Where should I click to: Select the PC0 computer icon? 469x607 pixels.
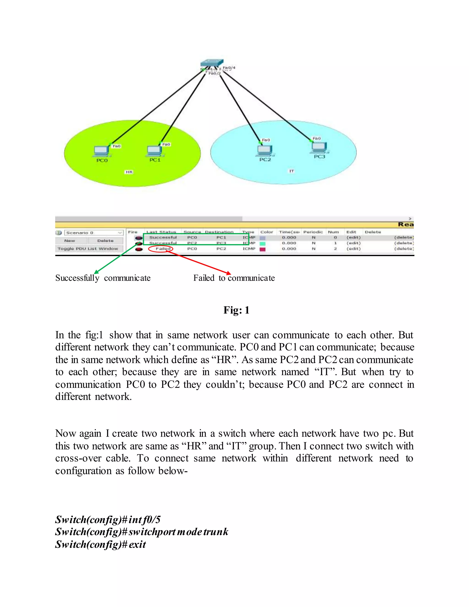click(x=101, y=151)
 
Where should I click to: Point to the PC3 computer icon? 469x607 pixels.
click(x=319, y=147)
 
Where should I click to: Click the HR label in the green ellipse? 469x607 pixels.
click(x=129, y=172)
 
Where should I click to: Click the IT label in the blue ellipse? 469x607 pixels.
click(x=292, y=171)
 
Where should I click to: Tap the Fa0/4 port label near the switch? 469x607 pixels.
click(x=229, y=68)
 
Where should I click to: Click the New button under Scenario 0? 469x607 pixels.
click(x=70, y=241)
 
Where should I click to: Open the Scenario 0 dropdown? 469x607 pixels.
click(x=94, y=233)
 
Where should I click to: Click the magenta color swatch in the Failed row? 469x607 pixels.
click(x=262, y=249)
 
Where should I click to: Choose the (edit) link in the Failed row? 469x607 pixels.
click(x=353, y=249)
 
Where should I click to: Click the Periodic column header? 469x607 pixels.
click(x=313, y=232)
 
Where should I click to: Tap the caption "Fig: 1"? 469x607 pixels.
click(x=236, y=310)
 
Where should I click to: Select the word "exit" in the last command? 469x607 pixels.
click(x=137, y=544)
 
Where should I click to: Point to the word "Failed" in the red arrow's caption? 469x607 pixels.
click(x=204, y=278)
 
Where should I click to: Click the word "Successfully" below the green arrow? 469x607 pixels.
click(x=77, y=278)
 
